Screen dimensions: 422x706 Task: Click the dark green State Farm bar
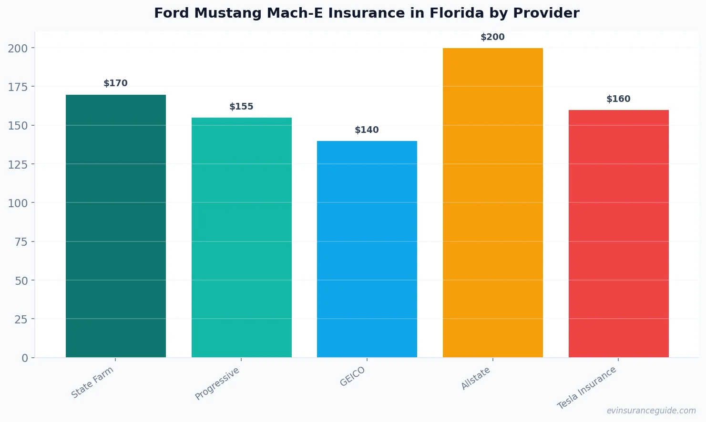point(116,226)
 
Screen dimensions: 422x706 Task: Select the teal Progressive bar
point(241,237)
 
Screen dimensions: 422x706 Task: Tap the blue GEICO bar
point(367,249)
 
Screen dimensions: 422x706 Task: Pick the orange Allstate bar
point(492,202)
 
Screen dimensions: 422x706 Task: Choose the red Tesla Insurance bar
point(618,233)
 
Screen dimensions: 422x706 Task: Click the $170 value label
point(116,83)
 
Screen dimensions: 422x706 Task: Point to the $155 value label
point(241,107)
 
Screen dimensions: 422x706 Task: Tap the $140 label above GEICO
point(367,130)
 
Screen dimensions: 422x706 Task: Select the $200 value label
point(492,37)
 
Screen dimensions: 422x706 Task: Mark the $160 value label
point(618,99)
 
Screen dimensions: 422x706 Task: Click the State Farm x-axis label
point(92,382)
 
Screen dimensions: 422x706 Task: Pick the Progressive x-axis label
point(217,384)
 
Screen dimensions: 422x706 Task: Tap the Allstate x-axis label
point(476,379)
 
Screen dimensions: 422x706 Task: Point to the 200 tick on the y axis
point(18,48)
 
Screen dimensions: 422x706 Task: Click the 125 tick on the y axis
point(18,164)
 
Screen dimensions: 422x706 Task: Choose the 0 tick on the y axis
point(25,358)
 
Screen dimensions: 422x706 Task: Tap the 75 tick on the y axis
point(21,242)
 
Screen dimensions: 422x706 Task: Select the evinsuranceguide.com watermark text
point(651,411)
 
